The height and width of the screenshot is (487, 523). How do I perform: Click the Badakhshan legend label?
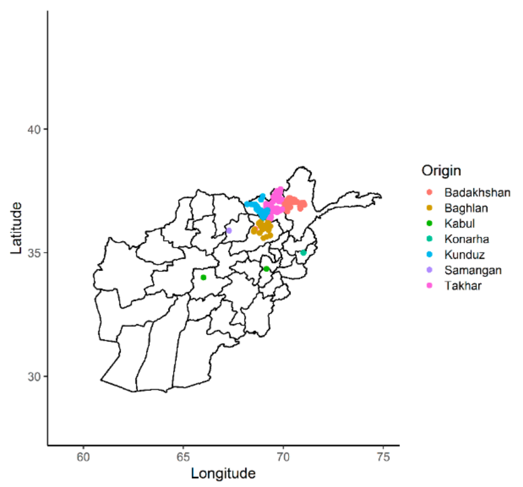click(477, 192)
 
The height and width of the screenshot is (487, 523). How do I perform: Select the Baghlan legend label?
click(466, 208)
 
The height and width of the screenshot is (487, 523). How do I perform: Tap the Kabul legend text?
click(459, 223)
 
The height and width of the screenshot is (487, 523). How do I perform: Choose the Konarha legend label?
click(467, 239)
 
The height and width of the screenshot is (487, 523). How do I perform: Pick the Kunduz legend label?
click(464, 254)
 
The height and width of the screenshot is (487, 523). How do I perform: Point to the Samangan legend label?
click(473, 270)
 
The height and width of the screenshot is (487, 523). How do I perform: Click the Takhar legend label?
click(463, 286)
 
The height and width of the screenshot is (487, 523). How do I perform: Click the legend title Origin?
click(441, 171)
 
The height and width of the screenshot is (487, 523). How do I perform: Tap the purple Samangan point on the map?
click(229, 230)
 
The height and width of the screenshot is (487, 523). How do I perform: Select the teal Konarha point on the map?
click(304, 252)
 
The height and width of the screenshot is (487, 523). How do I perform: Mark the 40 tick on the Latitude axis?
click(34, 129)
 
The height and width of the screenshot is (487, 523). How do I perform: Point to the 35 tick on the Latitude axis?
click(34, 253)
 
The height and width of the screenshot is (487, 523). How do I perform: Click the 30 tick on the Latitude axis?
click(34, 377)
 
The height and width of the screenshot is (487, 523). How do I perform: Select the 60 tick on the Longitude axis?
click(83, 457)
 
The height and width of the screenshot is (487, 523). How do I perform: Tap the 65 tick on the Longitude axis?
click(183, 457)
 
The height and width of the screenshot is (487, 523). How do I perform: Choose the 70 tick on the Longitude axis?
click(283, 457)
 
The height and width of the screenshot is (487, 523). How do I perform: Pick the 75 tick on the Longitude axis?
click(383, 457)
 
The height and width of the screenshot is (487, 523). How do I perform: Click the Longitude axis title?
click(223, 473)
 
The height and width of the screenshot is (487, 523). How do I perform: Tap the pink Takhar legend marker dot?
click(429, 285)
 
